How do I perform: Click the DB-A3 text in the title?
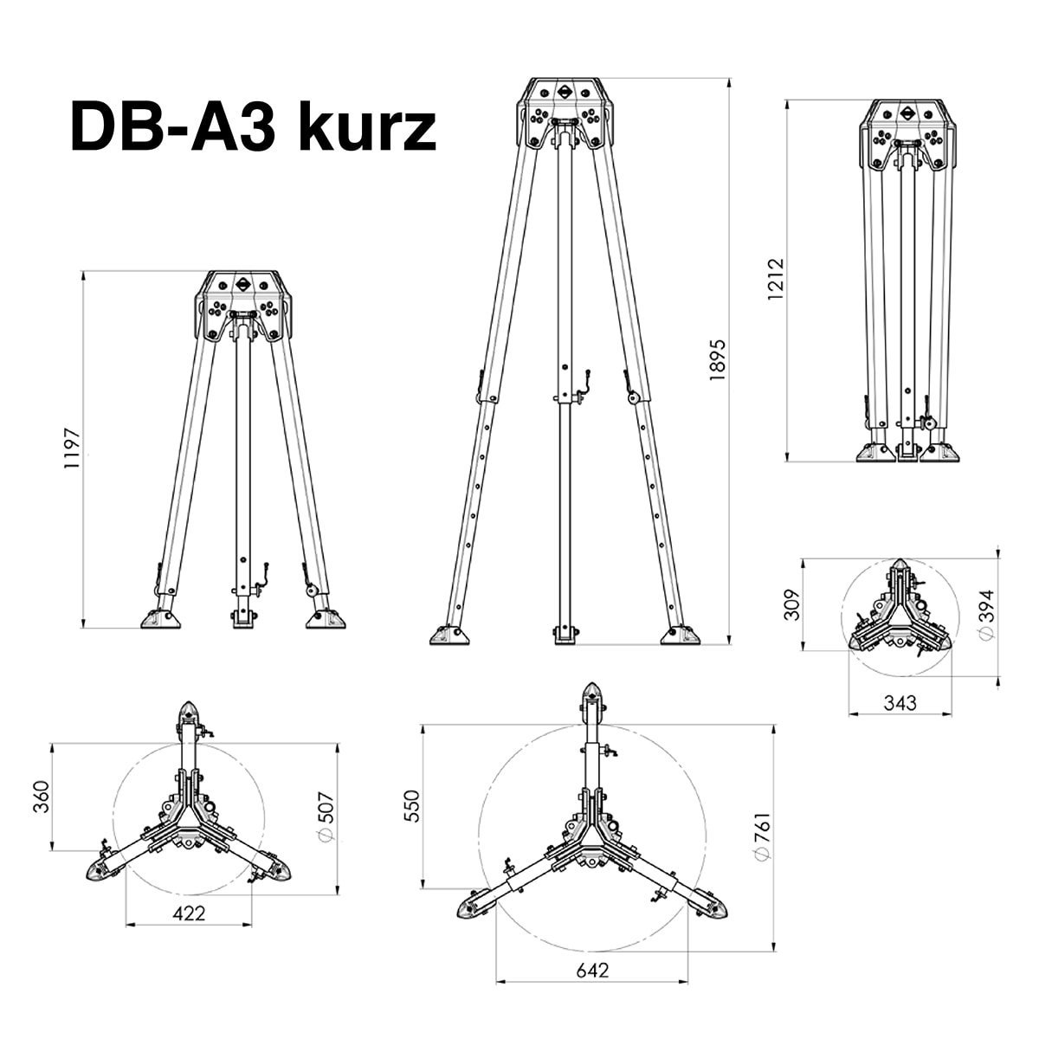(x=172, y=127)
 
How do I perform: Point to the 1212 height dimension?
(x=775, y=281)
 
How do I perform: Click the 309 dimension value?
(x=791, y=605)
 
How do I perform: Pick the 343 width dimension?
(x=900, y=702)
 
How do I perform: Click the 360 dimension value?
(x=41, y=797)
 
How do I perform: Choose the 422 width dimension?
(x=189, y=913)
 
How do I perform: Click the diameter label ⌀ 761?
(x=761, y=836)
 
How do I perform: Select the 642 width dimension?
(x=591, y=970)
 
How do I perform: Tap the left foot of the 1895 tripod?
(x=449, y=635)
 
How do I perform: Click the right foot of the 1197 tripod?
(x=326, y=618)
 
